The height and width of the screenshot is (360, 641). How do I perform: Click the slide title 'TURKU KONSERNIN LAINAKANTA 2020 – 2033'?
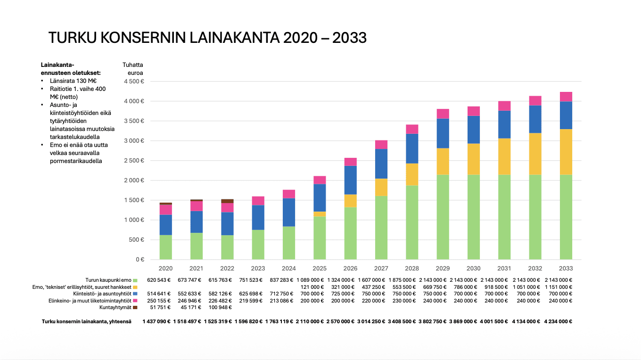[207, 38]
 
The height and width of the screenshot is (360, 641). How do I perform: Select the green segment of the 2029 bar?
[443, 217]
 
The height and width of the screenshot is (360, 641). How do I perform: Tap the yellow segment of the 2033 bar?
[566, 152]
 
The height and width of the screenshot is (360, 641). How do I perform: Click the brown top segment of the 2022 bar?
[227, 201]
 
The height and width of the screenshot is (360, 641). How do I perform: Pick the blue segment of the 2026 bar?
[350, 180]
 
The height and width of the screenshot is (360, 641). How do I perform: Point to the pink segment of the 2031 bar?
[504, 106]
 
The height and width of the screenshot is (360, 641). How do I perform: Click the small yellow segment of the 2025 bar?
[320, 214]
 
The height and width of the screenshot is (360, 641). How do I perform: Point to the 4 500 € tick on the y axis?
[134, 82]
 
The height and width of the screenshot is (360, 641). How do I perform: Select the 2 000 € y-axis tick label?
[134, 180]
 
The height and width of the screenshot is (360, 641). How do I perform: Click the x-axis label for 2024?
[288, 268]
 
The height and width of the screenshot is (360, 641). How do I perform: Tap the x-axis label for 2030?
[474, 268]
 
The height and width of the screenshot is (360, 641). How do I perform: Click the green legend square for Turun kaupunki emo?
[135, 280]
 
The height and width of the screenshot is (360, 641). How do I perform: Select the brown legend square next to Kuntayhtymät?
[135, 307]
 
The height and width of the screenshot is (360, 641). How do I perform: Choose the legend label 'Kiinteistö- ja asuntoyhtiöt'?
[104, 294]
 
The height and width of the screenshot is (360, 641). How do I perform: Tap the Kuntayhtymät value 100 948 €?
[219, 307]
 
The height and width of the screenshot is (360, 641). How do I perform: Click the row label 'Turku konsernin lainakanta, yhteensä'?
[86, 321]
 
